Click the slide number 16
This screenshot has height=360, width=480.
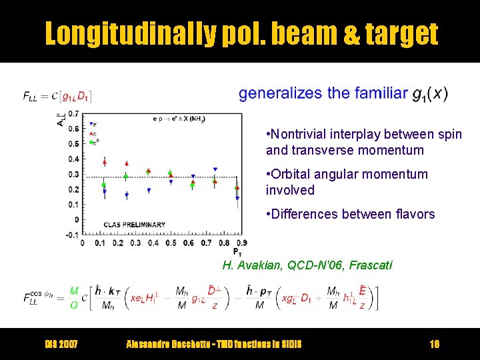[434, 344]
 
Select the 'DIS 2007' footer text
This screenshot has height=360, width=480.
[61, 344]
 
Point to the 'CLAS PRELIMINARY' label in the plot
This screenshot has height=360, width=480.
[135, 225]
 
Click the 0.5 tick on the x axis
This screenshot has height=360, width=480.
[171, 243]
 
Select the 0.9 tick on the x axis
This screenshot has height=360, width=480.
[241, 243]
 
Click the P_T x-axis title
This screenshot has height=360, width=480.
[237, 252]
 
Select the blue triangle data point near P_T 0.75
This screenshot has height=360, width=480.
[215, 170]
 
